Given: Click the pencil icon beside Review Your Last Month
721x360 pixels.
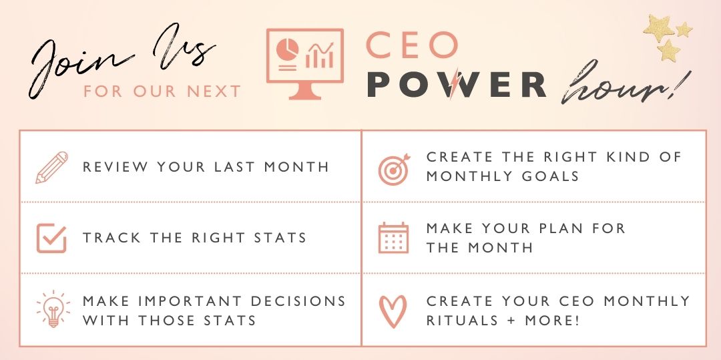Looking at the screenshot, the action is pos(51,168).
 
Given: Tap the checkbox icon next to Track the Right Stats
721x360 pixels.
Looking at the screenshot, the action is pos(51,238).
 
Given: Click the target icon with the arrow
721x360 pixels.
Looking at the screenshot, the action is pos(394,169).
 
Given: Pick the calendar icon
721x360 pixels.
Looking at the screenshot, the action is pos(393,238).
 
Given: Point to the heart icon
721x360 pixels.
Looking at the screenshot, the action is pos(393,311).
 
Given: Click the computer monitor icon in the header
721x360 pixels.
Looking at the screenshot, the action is pos(305,63).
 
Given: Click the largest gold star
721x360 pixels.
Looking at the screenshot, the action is pos(658,28).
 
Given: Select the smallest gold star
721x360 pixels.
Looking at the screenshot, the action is pos(684,29).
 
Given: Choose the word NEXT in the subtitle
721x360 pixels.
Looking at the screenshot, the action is pos(214,91).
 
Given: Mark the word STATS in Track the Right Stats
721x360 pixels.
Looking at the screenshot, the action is pos(280,238).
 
